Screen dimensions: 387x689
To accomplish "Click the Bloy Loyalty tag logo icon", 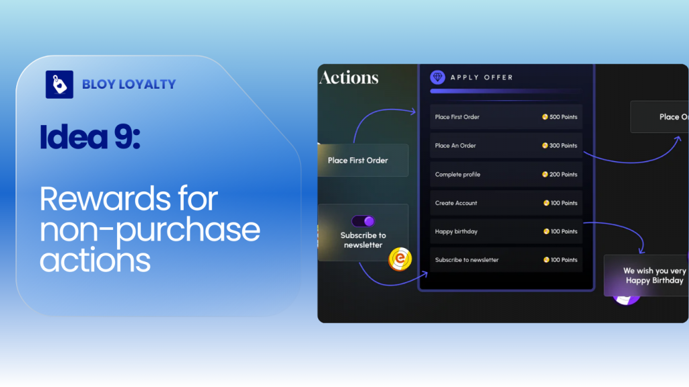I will [x=59, y=85].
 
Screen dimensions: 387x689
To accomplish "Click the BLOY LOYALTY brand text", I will [x=129, y=85].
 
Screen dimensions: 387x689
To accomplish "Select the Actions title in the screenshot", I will [x=349, y=78].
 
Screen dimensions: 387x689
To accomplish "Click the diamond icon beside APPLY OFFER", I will [x=438, y=77].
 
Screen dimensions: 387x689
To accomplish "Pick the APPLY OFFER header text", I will [x=482, y=77].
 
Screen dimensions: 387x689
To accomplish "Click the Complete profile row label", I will [x=458, y=175].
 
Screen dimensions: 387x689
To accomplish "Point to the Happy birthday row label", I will [x=456, y=232].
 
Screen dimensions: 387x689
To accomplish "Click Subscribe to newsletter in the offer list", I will [x=467, y=260].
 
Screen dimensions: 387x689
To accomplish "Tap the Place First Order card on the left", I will [x=358, y=161].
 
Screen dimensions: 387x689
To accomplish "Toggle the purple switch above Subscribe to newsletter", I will [x=363, y=221].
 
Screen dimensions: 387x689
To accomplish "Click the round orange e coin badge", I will [x=400, y=259].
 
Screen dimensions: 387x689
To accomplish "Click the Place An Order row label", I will [x=456, y=146].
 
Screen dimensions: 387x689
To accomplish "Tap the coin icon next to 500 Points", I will [x=545, y=117].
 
